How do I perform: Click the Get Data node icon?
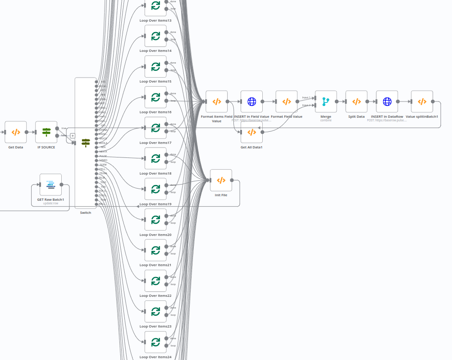coord(16,132)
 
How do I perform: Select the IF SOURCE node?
coord(46,132)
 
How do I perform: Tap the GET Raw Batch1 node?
coord(50,185)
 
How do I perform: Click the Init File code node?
coord(221,180)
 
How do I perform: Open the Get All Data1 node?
coord(251,132)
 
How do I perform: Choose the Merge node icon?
coord(326,102)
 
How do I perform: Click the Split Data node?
coord(356,102)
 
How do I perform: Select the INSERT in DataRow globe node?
coord(387,102)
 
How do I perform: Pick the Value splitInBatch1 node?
coord(422,102)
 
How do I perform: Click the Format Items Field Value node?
coord(217,102)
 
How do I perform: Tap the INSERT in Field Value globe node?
coord(251,102)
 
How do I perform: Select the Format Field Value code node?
coord(287,102)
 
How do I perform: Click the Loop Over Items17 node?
coord(155,128)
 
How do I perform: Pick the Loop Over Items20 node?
coord(155,220)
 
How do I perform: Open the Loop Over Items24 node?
coord(155,342)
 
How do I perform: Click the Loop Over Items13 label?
coord(155,20)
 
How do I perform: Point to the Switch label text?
coord(86,212)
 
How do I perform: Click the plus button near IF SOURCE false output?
coord(73,135)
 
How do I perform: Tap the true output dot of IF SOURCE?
coord(57,128)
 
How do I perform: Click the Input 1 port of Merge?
coord(315,98)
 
